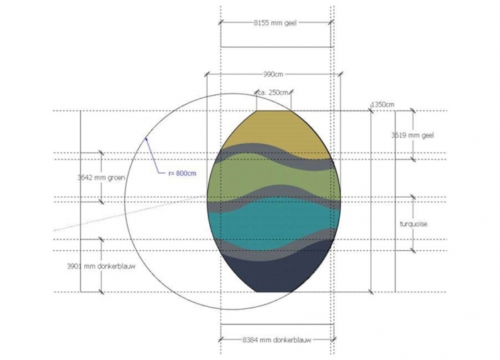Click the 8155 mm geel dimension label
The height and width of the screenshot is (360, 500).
(x=275, y=23)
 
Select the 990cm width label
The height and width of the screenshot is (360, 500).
(x=273, y=74)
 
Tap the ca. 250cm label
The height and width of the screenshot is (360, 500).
(x=272, y=93)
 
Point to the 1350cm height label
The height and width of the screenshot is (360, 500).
(x=383, y=104)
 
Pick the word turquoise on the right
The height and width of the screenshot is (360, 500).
(x=413, y=224)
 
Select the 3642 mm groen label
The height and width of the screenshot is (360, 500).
(x=101, y=177)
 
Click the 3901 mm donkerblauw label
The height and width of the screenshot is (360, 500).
(x=101, y=266)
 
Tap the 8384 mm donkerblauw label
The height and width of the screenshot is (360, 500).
(x=277, y=340)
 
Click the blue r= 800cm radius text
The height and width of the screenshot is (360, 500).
(x=182, y=174)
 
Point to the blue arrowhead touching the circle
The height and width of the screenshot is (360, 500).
(x=146, y=138)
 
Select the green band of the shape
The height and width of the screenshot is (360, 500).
(x=274, y=175)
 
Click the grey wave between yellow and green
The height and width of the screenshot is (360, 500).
(x=274, y=154)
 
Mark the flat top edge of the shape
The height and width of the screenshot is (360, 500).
(x=274, y=111)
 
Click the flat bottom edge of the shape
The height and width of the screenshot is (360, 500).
(x=274, y=292)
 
